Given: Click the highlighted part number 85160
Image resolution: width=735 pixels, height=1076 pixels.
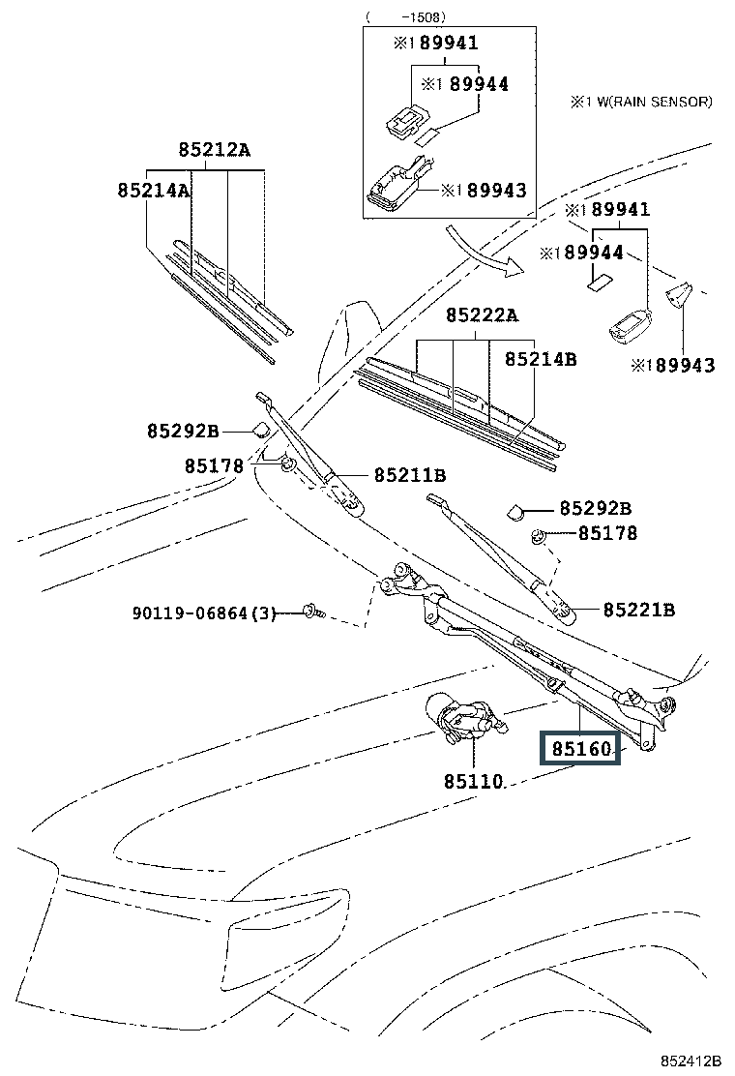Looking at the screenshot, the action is (x=580, y=749).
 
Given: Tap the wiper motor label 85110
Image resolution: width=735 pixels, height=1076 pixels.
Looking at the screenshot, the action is (x=474, y=781).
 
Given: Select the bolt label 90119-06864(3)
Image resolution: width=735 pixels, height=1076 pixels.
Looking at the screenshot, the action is (x=204, y=613).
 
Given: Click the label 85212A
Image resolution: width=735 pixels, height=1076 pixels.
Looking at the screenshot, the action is (x=215, y=149).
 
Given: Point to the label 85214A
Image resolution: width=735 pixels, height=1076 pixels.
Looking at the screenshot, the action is (x=153, y=190).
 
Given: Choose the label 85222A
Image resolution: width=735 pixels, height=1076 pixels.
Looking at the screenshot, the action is (x=482, y=315).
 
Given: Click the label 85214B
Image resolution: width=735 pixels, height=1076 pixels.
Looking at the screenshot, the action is (x=541, y=359).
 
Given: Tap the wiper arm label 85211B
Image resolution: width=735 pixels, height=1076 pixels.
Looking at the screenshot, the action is (x=410, y=475).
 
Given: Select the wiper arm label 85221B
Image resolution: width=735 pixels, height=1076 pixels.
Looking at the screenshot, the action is (x=639, y=610).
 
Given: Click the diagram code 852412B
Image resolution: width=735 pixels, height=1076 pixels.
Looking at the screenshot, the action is (x=691, y=1061).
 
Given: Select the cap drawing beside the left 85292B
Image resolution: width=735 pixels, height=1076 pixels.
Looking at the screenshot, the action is (x=260, y=430).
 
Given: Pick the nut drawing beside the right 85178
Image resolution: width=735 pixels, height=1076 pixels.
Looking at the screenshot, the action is (x=539, y=535).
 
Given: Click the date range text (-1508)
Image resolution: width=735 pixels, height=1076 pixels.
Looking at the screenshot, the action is (x=406, y=17).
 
